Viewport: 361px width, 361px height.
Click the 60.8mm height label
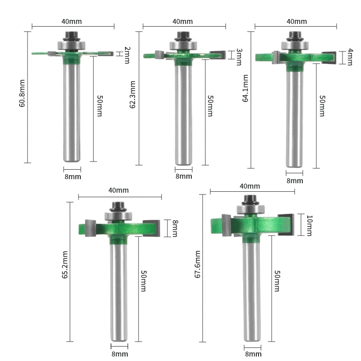click(x=22, y=93)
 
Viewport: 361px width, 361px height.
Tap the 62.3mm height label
click(x=132, y=95)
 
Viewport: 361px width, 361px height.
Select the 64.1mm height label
click(x=245, y=88)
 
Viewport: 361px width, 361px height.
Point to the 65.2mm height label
click(x=65, y=265)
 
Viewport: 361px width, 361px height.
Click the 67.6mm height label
click(x=198, y=264)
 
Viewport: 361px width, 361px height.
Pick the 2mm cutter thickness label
click(x=127, y=55)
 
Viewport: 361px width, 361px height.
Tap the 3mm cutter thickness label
click(x=239, y=57)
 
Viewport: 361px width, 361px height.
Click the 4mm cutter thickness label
click(x=350, y=57)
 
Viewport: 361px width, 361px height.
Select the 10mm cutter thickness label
click(x=310, y=226)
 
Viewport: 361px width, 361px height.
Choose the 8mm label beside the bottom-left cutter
click(x=175, y=228)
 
